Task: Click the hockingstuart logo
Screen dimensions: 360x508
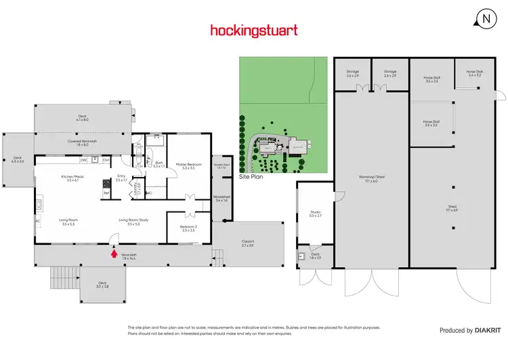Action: click(x=253, y=30)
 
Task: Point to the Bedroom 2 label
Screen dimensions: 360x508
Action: click(x=188, y=228)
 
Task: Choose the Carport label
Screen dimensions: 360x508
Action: click(x=247, y=243)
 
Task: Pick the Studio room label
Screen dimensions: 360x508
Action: click(x=315, y=215)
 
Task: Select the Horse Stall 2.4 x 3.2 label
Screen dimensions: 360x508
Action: click(x=473, y=73)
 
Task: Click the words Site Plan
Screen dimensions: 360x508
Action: click(x=251, y=176)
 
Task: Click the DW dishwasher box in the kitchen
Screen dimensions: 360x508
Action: click(x=83, y=160)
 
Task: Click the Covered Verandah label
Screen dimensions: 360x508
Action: click(x=82, y=142)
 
